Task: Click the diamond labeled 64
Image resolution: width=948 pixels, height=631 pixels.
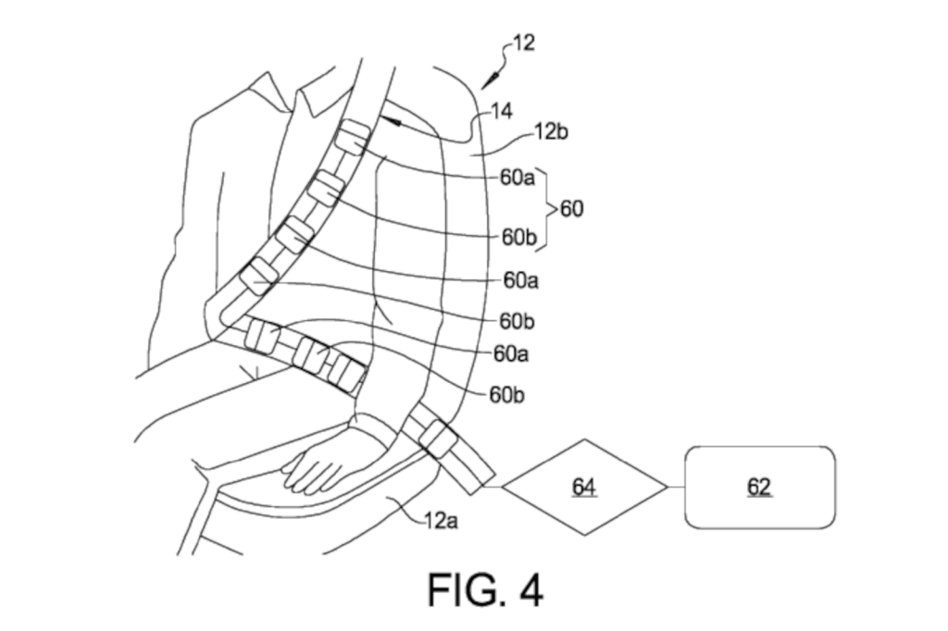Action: click(583, 487)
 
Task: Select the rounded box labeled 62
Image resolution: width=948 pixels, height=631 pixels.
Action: click(759, 487)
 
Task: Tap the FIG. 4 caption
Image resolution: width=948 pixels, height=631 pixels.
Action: click(485, 589)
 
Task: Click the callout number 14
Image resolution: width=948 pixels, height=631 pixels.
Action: click(501, 111)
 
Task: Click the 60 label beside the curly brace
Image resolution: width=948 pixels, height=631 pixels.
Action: click(571, 209)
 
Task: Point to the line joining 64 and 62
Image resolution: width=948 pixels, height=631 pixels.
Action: click(675, 487)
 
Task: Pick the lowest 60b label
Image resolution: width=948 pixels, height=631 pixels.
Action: click(507, 395)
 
